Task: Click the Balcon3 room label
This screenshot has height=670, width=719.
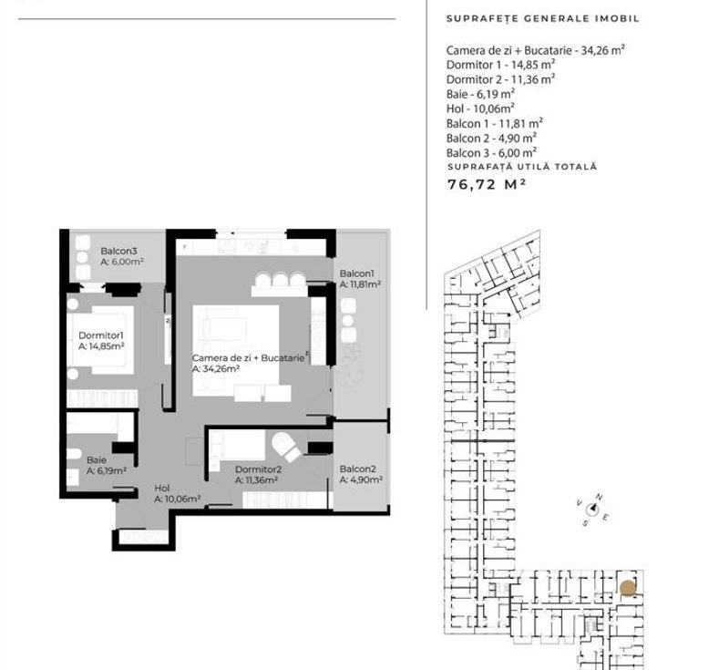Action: [118, 251]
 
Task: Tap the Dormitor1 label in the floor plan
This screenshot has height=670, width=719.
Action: [100, 335]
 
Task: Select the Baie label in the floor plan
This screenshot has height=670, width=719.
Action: [97, 459]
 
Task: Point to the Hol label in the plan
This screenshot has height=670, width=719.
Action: [162, 488]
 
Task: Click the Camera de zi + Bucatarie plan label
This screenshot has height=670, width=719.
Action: [247, 358]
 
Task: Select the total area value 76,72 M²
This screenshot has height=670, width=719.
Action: [487, 183]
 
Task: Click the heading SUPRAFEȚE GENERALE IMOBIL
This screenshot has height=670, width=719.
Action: [543, 18]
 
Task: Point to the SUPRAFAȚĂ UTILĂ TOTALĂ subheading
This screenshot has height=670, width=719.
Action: [521, 167]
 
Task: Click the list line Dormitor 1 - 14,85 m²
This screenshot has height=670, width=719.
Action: [500, 65]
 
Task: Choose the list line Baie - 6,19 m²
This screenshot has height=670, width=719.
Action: [480, 93]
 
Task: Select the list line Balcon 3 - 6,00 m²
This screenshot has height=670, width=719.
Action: [491, 152]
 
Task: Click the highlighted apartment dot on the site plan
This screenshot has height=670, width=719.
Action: [627, 588]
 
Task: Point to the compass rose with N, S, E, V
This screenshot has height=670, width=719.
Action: [592, 510]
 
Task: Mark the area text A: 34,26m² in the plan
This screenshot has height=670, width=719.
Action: [216, 369]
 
